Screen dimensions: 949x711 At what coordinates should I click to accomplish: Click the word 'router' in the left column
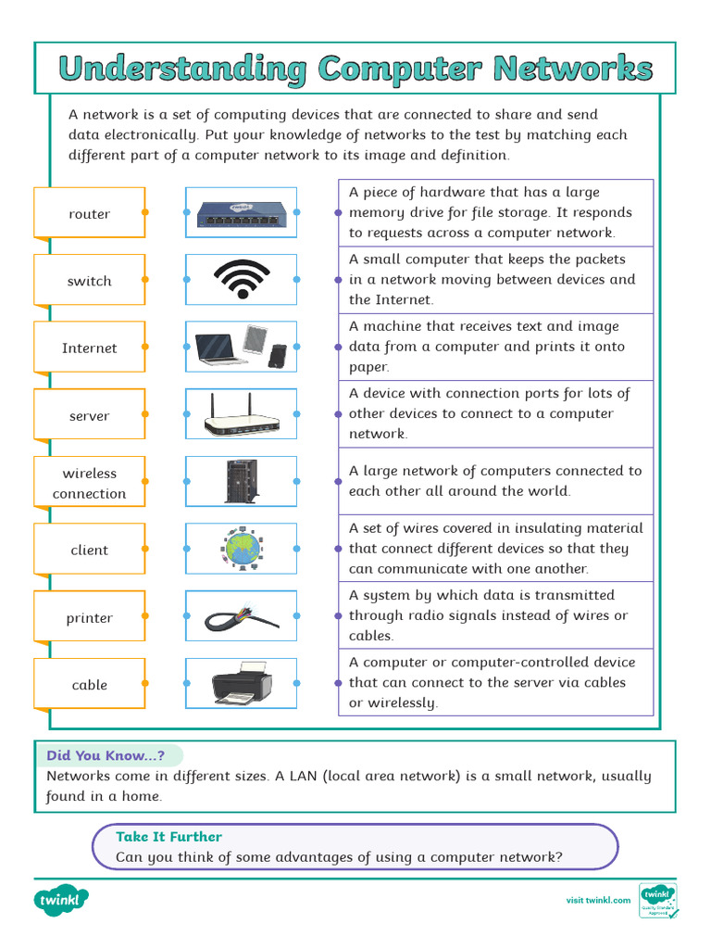pyautogui.click(x=90, y=214)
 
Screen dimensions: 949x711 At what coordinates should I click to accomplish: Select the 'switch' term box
pyautogui.click(x=90, y=281)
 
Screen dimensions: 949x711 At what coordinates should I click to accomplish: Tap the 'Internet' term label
pyautogui.click(x=90, y=348)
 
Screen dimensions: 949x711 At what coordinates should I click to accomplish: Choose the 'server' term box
pyautogui.click(x=90, y=416)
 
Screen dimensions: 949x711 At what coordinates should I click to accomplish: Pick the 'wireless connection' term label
pyautogui.click(x=90, y=483)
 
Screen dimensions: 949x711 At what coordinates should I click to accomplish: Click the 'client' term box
pyautogui.click(x=90, y=550)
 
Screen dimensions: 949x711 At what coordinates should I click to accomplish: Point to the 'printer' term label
pyautogui.click(x=90, y=618)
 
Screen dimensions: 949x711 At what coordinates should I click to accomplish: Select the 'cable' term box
pyautogui.click(x=90, y=685)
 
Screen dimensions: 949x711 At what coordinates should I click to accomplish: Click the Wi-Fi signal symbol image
pyautogui.click(x=242, y=279)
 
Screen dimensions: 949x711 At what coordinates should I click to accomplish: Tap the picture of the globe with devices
pyautogui.click(x=242, y=549)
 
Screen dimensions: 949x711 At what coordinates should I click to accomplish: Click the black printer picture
pyautogui.click(x=242, y=684)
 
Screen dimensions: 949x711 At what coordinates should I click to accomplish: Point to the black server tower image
pyautogui.click(x=241, y=482)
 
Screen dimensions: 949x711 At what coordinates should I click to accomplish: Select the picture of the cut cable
pyautogui.click(x=242, y=616)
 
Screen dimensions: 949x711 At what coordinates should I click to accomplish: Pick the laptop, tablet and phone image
pyautogui.click(x=242, y=347)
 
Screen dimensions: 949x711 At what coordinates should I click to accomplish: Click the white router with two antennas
pyautogui.click(x=242, y=415)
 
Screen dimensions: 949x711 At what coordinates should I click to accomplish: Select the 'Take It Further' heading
pyautogui.click(x=168, y=836)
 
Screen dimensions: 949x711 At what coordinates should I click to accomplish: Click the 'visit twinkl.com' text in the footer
pyautogui.click(x=598, y=900)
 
